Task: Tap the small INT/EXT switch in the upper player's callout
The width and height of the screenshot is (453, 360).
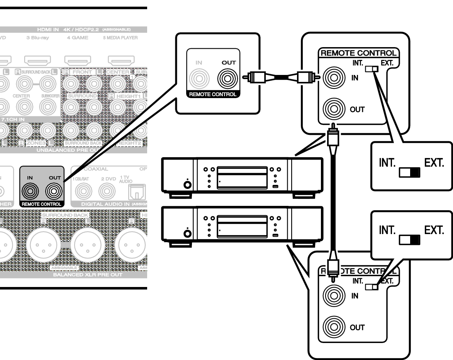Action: (373, 69)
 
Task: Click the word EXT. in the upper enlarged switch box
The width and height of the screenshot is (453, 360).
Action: (434, 163)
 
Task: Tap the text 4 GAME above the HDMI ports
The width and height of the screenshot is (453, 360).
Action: (77, 38)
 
